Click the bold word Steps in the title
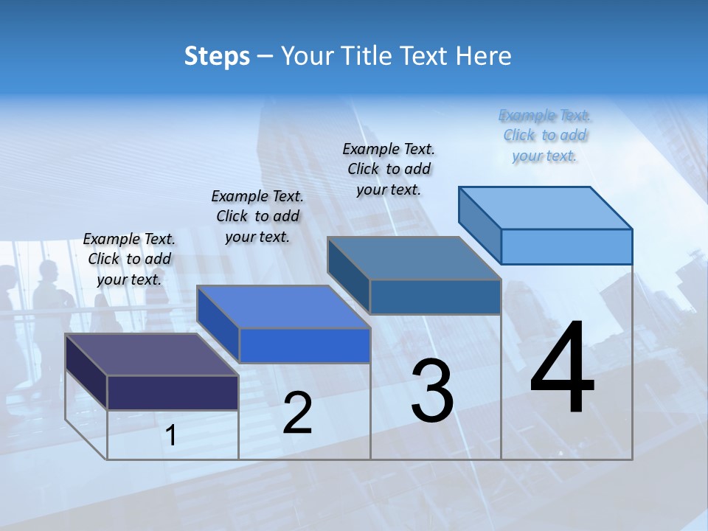tap(217, 56)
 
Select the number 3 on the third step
tap(431, 392)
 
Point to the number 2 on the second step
tap(297, 414)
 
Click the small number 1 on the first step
tap(171, 436)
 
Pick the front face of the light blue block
tap(566, 246)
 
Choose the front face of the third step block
tap(435, 296)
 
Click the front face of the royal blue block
tap(305, 345)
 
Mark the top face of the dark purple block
tap(152, 355)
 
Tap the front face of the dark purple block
tap(173, 392)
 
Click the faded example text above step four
tap(544, 136)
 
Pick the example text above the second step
tap(257, 216)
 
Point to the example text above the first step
tap(129, 259)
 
